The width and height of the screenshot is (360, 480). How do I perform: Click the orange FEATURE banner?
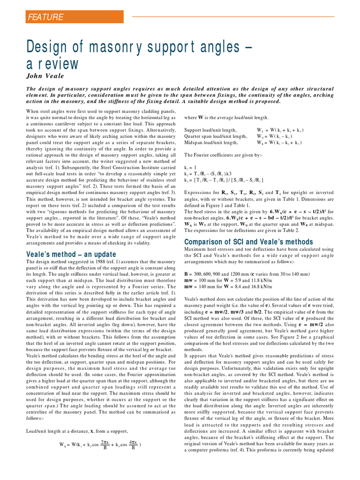tap(74, 17)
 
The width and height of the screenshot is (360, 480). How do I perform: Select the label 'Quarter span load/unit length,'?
tap(216, 136)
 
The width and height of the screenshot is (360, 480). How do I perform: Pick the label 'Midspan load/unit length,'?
tap(211, 142)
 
